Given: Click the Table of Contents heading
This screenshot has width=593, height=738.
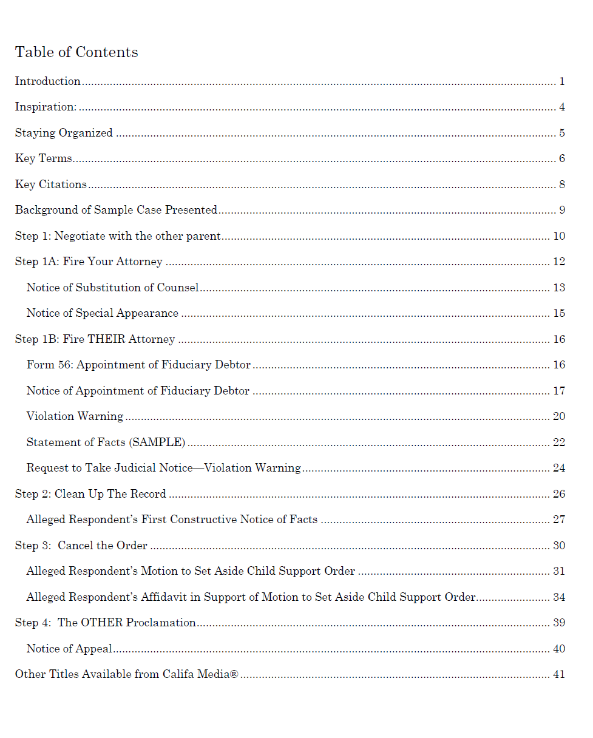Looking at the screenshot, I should pyautogui.click(x=76, y=52).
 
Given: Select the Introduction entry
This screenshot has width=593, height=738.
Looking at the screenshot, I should pyautogui.click(x=48, y=81).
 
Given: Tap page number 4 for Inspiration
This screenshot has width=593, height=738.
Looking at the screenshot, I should pyautogui.click(x=562, y=107).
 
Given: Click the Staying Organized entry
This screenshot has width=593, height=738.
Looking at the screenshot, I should pyautogui.click(x=64, y=133).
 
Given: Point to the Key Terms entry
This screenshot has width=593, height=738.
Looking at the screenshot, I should pyautogui.click(x=44, y=158).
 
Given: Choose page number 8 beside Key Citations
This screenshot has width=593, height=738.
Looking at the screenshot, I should pyautogui.click(x=562, y=184).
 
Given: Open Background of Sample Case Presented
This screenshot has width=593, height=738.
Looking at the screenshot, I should pyautogui.click(x=116, y=210).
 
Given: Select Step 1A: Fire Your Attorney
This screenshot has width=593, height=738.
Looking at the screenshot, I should pyautogui.click(x=89, y=262).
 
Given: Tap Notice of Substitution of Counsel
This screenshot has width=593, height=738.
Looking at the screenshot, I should pyautogui.click(x=112, y=288).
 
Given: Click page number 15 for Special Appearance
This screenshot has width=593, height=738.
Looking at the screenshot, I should pyautogui.click(x=559, y=313).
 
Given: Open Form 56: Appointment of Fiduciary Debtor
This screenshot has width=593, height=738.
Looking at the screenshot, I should pyautogui.click(x=138, y=365).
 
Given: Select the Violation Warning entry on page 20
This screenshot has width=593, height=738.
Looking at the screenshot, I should pyautogui.click(x=75, y=416).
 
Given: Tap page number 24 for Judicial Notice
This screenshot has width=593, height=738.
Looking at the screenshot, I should pyautogui.click(x=559, y=468).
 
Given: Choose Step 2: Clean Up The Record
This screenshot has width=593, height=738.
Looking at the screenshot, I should pyautogui.click(x=90, y=494).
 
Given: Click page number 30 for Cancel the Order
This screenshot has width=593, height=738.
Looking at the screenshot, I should pyautogui.click(x=559, y=546).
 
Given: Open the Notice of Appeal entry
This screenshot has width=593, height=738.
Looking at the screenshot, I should pyautogui.click(x=69, y=649).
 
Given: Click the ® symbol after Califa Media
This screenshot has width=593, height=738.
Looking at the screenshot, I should pyautogui.click(x=234, y=674).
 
